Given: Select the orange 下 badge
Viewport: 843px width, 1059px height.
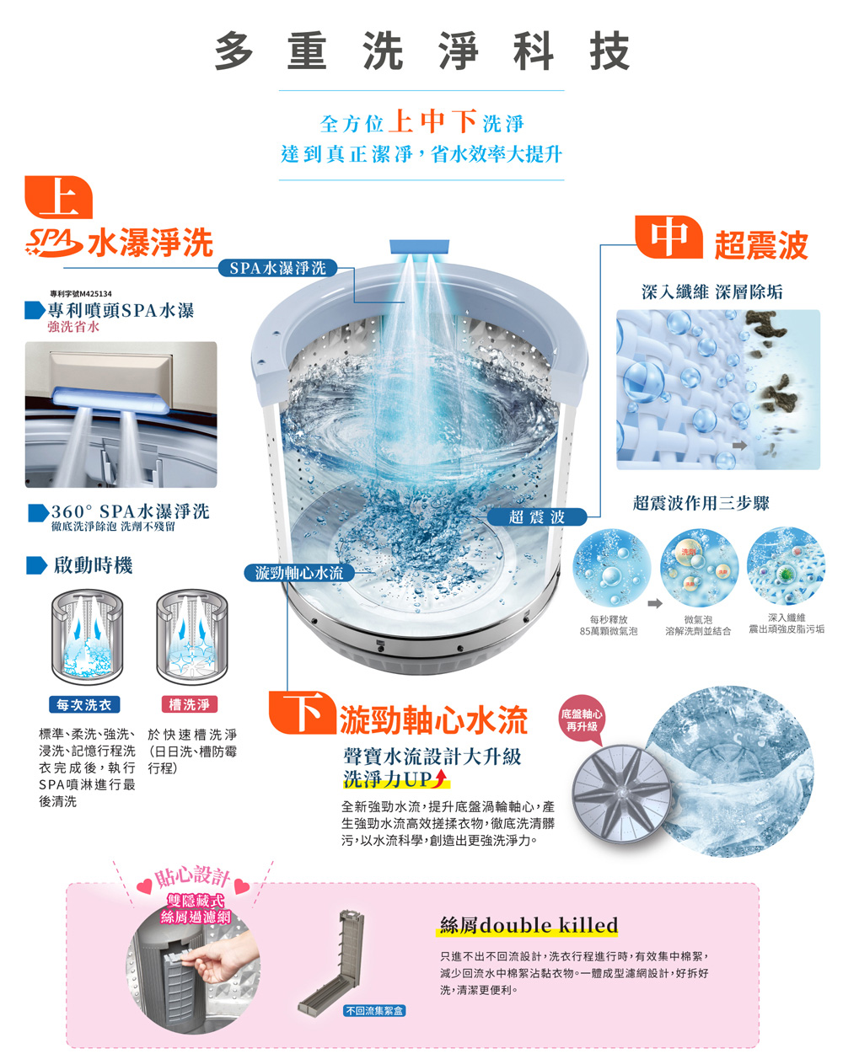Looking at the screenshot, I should click(301, 713).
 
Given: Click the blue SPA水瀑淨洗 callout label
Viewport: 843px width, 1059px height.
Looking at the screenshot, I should click(277, 268).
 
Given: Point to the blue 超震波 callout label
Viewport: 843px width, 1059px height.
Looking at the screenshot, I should click(536, 516).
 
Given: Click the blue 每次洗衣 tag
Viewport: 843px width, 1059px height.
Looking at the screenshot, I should click(83, 704).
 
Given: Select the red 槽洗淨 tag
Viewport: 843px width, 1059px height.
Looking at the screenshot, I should click(189, 704).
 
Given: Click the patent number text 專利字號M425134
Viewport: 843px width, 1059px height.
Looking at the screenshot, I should click(81, 293).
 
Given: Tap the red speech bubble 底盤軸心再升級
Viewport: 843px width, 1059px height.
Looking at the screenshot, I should click(582, 721).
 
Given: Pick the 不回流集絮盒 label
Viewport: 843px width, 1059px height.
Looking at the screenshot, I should click(373, 1010).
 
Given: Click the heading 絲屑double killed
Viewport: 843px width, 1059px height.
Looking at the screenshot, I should click(529, 925).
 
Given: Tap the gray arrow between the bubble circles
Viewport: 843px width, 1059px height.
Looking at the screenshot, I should click(654, 603).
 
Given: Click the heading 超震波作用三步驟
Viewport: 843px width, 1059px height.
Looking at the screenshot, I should click(701, 504).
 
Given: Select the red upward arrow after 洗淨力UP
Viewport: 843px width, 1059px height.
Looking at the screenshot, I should click(439, 778).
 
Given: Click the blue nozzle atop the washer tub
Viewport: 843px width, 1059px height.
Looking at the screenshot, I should click(419, 247).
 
